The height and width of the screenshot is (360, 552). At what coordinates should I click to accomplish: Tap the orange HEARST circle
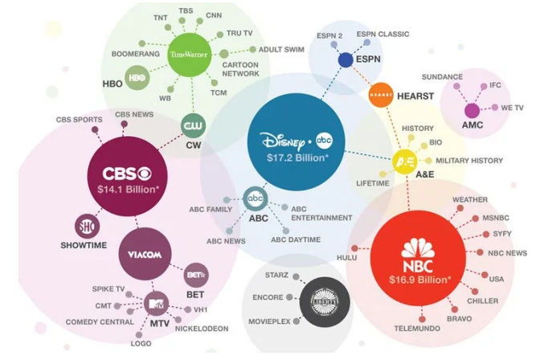(379, 95)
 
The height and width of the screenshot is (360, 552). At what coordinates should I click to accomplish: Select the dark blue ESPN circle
(346, 60)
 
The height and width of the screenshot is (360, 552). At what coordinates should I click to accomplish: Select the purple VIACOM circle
(145, 255)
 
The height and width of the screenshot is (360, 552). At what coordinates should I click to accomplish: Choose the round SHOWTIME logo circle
(85, 226)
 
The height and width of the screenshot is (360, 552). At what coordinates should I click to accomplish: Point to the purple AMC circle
(472, 111)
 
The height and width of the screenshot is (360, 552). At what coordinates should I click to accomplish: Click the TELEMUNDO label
(417, 329)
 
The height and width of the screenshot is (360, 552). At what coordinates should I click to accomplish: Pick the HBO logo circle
(137, 77)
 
